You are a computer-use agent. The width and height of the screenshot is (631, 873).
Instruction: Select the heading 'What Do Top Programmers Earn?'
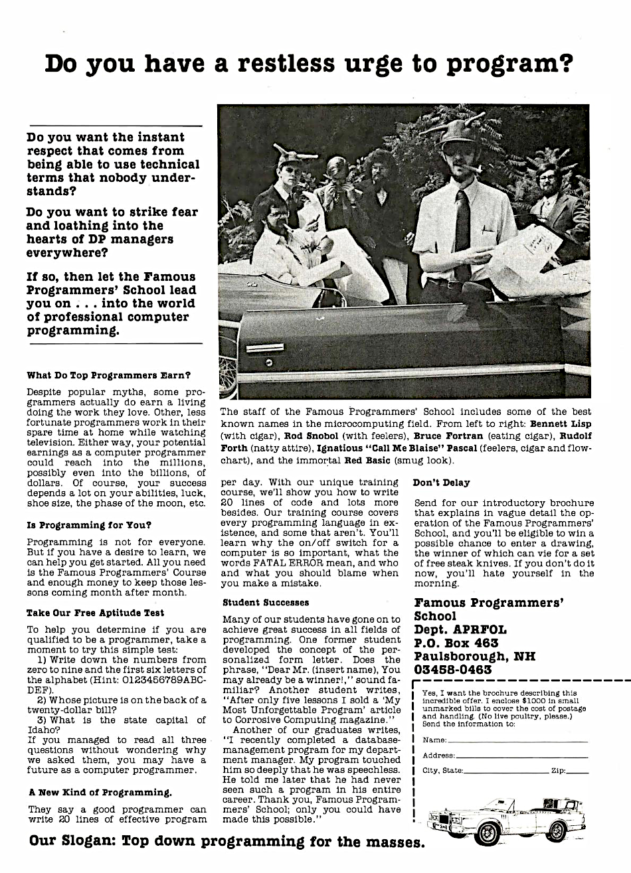109,375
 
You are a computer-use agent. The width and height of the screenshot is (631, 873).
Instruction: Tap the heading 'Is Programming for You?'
89,525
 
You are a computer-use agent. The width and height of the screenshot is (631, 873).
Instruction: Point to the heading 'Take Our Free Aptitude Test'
95,613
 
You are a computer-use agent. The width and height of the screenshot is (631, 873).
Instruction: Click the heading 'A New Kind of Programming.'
100,792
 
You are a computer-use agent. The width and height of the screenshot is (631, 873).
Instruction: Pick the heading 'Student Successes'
266,603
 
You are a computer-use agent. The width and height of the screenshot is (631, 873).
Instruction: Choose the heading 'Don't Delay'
441,483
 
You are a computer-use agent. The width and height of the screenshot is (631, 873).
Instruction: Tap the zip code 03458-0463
453,670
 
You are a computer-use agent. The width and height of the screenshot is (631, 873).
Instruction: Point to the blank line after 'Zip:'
578,771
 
